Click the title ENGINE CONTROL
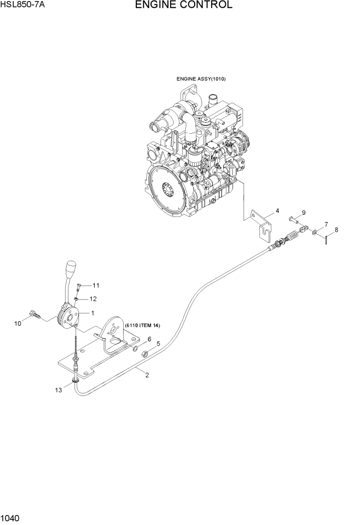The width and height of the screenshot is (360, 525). click(x=183, y=6)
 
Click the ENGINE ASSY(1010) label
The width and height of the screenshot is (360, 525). click(x=201, y=79)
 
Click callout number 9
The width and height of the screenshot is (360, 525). click(x=303, y=213)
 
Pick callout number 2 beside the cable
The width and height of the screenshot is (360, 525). click(x=147, y=375)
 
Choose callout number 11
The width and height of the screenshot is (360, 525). click(x=96, y=285)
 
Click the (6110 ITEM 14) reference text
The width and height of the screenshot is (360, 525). click(x=142, y=326)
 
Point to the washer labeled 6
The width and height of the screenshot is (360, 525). click(x=135, y=348)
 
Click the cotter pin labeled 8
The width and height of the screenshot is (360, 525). click(x=326, y=240)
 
